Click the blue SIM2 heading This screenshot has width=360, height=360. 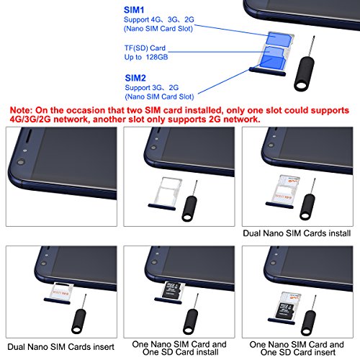[x=135, y=78]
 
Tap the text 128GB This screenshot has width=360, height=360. [x=157, y=57]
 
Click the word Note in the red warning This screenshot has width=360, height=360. [x=21, y=110]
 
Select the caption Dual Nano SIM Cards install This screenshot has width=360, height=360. [x=297, y=233]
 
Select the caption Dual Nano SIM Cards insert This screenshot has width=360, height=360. [x=60, y=347]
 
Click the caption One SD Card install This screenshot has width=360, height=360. [x=180, y=352]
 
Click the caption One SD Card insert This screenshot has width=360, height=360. [x=298, y=352]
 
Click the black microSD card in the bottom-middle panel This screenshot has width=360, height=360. [x=172, y=290]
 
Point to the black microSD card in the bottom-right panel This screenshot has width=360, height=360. [x=286, y=310]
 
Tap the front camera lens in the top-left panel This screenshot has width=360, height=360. [x=21, y=162]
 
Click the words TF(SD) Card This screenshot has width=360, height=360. [x=145, y=48]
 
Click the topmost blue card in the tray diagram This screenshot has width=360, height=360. [x=279, y=39]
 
